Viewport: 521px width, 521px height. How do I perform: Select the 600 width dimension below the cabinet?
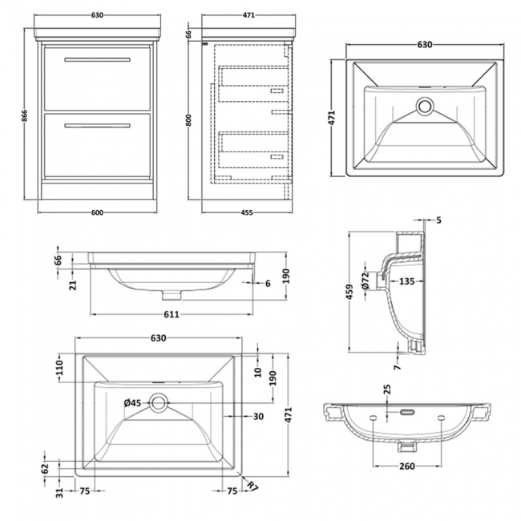tap(96, 212)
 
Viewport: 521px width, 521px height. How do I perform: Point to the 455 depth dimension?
tap(248, 212)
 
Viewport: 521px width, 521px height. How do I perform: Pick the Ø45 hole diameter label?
tap(131, 402)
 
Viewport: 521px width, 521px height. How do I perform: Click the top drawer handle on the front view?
tap(96, 60)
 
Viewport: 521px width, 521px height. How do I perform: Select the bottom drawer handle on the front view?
tap(96, 124)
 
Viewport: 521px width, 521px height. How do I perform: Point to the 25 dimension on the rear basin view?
tap(387, 390)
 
